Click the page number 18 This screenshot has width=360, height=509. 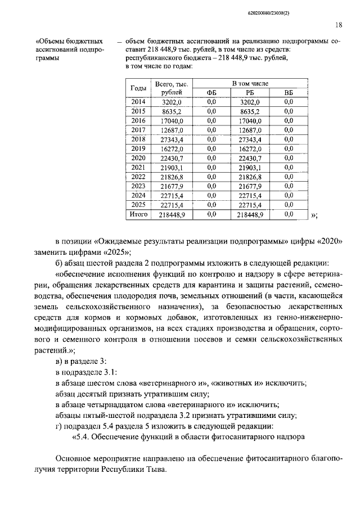tap(339, 25)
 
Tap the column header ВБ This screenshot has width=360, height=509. tap(289, 93)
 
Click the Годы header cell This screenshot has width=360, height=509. tap(139, 88)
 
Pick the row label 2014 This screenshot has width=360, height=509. tap(138, 102)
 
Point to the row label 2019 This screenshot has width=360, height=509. tap(138, 149)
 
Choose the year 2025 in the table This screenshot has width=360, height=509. tap(138, 205)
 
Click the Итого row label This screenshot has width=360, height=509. tap(138, 215)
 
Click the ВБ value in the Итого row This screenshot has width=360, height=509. tap(289, 215)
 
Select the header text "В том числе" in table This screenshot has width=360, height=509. tap(251, 83)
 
